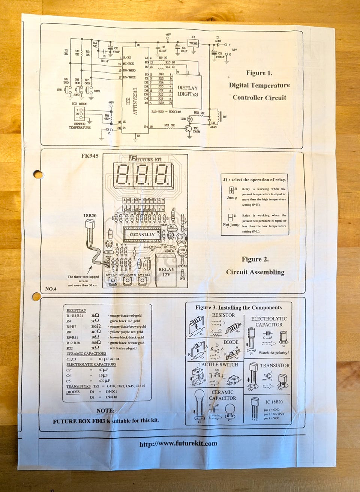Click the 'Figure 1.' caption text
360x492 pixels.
coord(259,73)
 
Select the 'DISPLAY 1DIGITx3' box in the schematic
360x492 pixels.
coord(187,91)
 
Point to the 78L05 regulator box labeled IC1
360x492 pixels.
coord(193,43)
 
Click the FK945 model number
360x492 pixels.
coord(90,156)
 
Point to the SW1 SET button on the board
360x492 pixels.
coord(142,281)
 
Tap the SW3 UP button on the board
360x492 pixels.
coord(112,281)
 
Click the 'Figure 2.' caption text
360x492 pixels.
coord(255,259)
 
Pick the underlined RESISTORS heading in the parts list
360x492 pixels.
coord(76,310)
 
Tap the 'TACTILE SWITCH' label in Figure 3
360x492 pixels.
coord(218,364)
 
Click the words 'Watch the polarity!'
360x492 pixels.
coord(274,353)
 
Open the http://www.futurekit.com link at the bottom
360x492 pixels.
coord(178,444)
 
